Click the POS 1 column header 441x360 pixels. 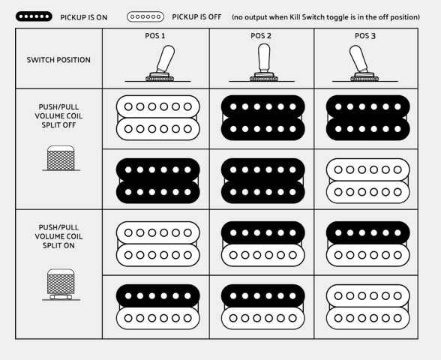[x=155, y=36]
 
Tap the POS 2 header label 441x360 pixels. [x=261, y=36]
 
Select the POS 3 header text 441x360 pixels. [x=365, y=36]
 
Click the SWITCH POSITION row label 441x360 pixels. [x=58, y=60]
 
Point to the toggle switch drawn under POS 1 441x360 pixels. [x=160, y=64]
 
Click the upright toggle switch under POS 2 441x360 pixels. [x=264, y=63]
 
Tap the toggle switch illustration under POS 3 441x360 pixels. [x=363, y=64]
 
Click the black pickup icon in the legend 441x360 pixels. [x=34, y=16]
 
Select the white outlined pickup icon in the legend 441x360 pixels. [x=145, y=16]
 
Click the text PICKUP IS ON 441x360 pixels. [x=84, y=17]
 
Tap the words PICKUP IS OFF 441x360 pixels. [x=196, y=16]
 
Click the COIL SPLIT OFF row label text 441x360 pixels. [x=58, y=115]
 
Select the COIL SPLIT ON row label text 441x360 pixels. [x=58, y=236]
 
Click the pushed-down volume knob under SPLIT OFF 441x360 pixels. [x=61, y=158]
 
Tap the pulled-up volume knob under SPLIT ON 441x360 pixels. [x=61, y=285]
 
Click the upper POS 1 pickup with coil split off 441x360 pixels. [x=157, y=118]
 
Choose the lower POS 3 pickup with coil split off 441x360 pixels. [x=367, y=181]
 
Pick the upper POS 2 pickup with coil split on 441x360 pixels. [x=263, y=244]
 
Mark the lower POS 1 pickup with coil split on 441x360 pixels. [x=157, y=307]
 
